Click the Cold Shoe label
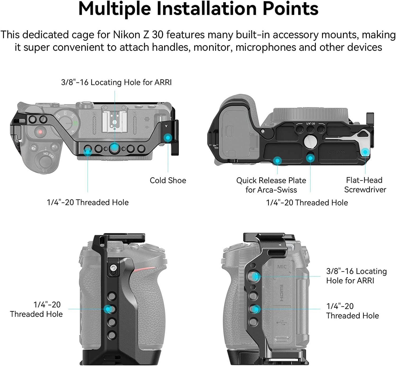[168, 180]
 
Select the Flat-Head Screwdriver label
[365, 185]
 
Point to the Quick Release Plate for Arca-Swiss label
[271, 185]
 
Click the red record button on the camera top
[40, 132]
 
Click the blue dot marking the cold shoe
[168, 138]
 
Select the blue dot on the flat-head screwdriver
[365, 152]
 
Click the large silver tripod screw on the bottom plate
[310, 142]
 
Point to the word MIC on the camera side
[282, 267]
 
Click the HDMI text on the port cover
[281, 293]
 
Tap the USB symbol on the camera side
[281, 322]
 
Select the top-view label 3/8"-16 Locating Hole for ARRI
[116, 82]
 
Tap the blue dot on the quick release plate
[277, 160]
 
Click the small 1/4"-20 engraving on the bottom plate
[310, 124]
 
